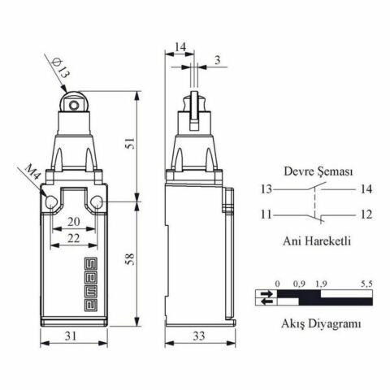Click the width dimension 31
click(72, 335)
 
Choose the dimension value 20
click(73, 222)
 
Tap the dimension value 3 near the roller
click(217, 61)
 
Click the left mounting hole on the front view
click(51, 201)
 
